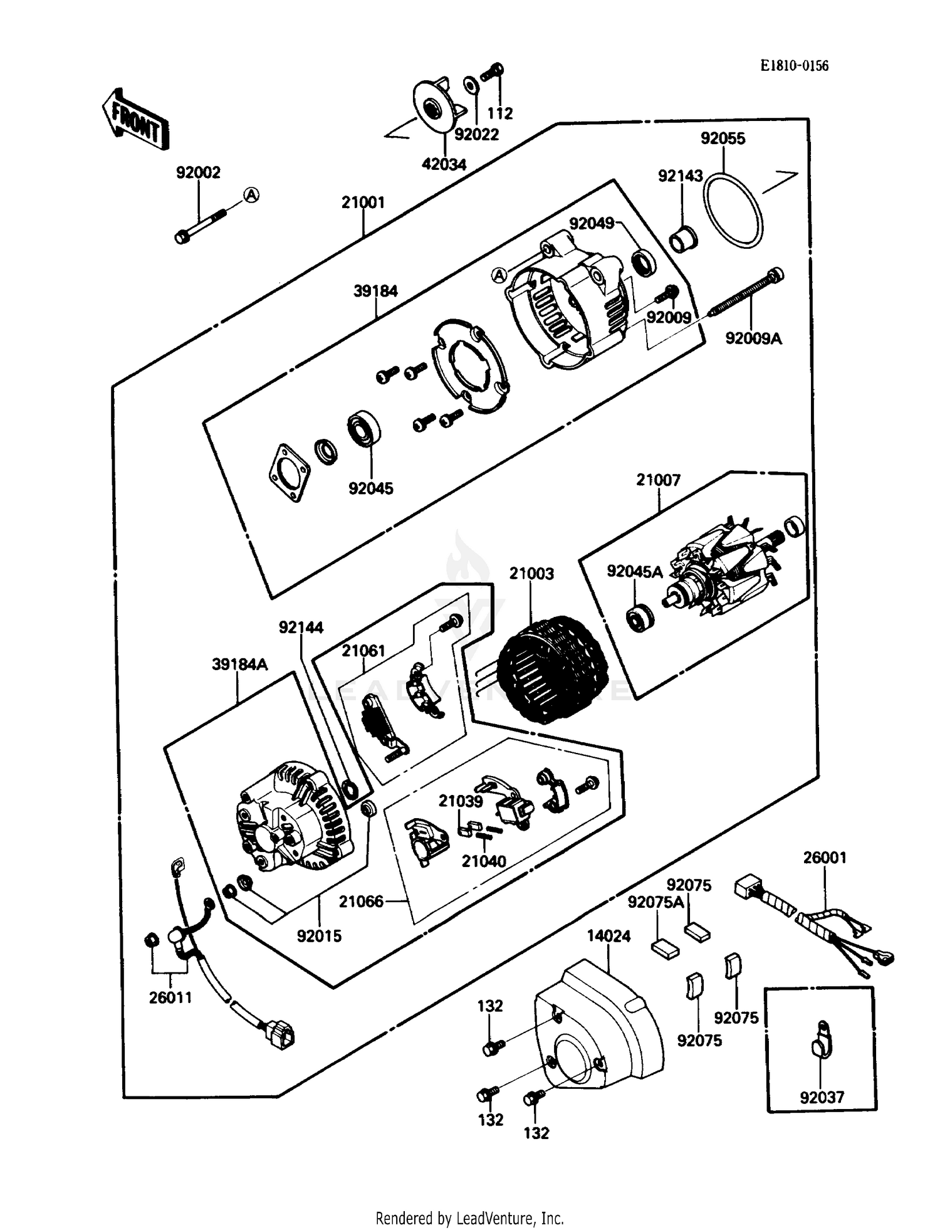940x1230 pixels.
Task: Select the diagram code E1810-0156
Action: [x=794, y=66]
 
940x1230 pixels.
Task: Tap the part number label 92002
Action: [x=198, y=172]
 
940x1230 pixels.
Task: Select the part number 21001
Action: [x=363, y=202]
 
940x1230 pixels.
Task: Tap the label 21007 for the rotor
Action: [x=658, y=480]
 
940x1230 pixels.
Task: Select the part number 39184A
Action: [x=239, y=665]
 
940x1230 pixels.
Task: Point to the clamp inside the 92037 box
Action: [x=822, y=1041]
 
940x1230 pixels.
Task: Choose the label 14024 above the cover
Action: [x=608, y=936]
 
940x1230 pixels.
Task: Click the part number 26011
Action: [x=170, y=997]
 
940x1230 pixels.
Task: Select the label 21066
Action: [x=361, y=901]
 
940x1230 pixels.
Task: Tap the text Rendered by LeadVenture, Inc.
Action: [x=469, y=1218]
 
